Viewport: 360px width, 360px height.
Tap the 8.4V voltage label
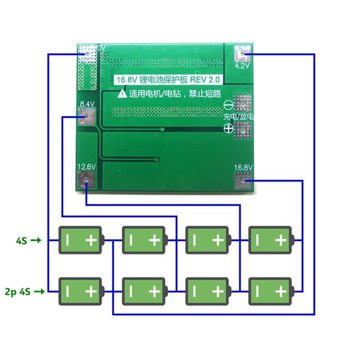[86, 104]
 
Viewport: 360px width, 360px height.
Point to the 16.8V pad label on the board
[243, 167]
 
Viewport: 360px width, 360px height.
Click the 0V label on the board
[101, 48]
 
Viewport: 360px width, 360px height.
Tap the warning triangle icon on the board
[122, 94]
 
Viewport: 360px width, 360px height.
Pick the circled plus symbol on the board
[229, 130]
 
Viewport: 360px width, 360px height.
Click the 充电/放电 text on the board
[239, 117]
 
